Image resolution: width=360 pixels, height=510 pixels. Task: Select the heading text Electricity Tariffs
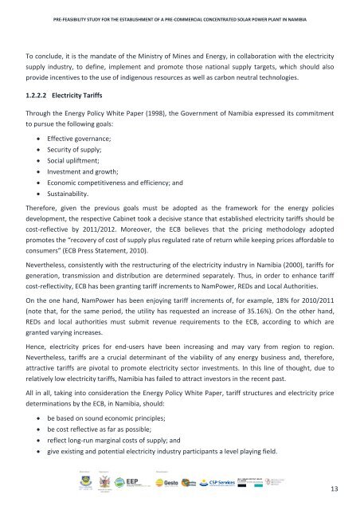(90, 97)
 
